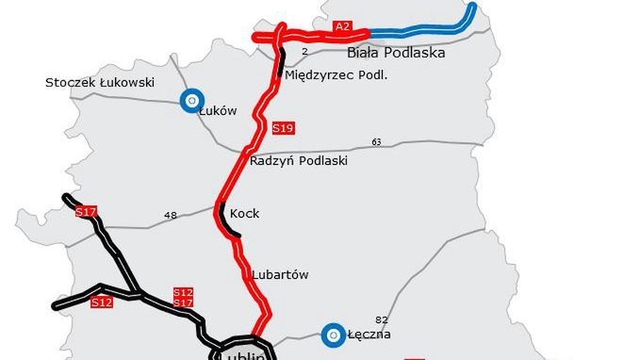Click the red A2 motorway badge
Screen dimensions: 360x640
click(x=342, y=27)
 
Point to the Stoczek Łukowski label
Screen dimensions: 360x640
click(x=99, y=82)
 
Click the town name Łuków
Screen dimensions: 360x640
click(x=217, y=110)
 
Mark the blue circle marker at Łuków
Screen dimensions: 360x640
click(x=192, y=100)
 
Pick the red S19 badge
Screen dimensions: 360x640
click(x=282, y=127)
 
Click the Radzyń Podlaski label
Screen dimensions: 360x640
click(x=299, y=161)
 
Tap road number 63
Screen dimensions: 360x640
click(x=376, y=142)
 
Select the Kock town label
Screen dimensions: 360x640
click(x=244, y=214)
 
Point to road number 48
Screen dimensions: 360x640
click(x=171, y=216)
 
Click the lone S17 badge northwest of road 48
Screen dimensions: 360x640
click(x=86, y=211)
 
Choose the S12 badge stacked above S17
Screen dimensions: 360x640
click(x=184, y=292)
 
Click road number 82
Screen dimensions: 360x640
click(x=381, y=320)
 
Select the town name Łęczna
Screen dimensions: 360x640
click(x=369, y=335)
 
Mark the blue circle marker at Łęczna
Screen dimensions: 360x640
click(x=331, y=335)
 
